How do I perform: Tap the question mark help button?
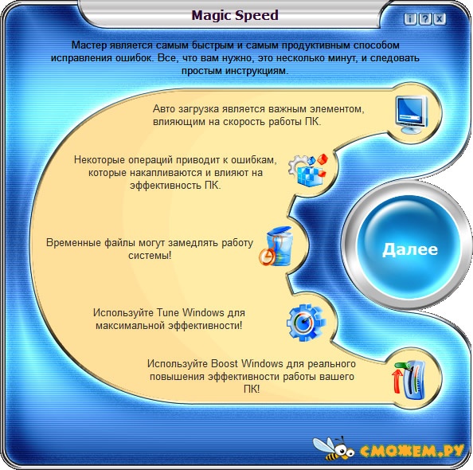[424, 18]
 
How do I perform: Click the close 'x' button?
[440, 18]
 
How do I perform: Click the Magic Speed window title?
[235, 15]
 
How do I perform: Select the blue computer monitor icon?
[412, 114]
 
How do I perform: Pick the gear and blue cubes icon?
[308, 170]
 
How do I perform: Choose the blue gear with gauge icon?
[306, 323]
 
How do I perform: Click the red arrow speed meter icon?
[408, 379]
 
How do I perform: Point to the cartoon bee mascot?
[333, 448]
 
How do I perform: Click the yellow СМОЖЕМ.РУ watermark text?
[412, 450]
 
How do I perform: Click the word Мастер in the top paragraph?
[89, 45]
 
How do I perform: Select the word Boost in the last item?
[225, 363]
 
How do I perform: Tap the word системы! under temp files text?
[150, 256]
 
